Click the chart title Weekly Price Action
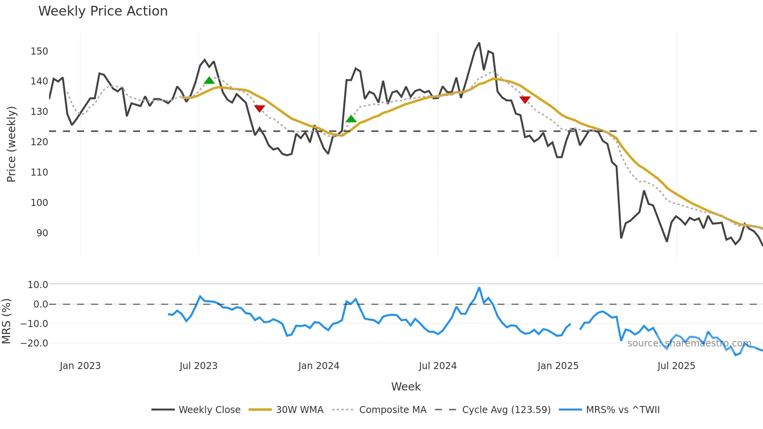[103, 11]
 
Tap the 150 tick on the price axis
[39, 51]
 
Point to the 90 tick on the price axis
[42, 233]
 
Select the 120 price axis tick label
[39, 142]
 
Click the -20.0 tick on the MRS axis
[34, 343]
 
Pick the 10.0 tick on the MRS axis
[38, 285]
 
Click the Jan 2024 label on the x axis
[318, 366]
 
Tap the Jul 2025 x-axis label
[676, 366]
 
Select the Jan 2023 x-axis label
[80, 366]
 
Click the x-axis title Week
[406, 387]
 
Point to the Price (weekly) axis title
[11, 144]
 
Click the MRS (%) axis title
[6, 321]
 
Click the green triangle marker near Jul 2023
[209, 81]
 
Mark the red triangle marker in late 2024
[525, 100]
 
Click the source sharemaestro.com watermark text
[689, 343]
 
